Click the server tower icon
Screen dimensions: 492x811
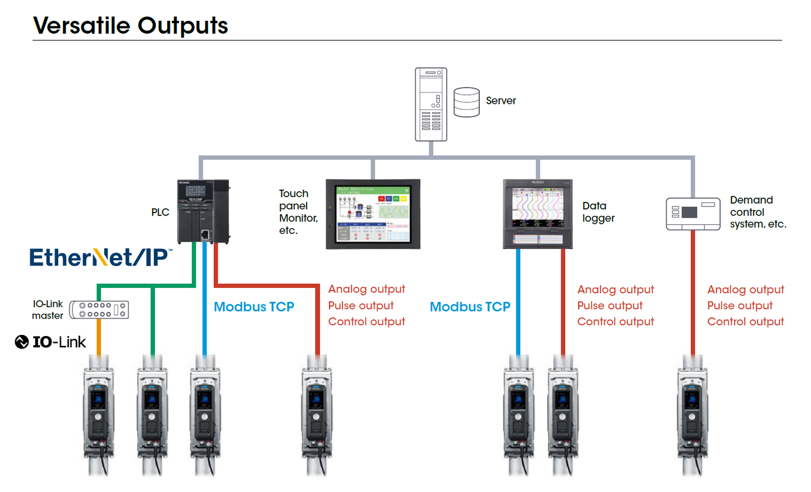coord(430,104)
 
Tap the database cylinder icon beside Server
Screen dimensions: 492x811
coord(466,102)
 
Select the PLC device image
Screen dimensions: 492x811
coord(203,211)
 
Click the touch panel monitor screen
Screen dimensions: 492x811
coord(373,214)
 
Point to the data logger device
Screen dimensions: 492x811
coord(538,214)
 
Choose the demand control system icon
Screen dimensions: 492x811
coord(693,213)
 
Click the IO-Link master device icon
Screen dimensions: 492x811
coord(99,310)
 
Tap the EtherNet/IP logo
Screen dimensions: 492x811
coord(100,258)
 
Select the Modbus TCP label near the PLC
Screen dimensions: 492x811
coord(254,307)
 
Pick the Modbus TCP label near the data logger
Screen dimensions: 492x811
coord(470,307)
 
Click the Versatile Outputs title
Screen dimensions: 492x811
coord(130,26)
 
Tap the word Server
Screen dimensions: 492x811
coord(501,101)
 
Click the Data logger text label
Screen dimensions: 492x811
coord(598,212)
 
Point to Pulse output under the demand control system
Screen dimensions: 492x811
coord(740,306)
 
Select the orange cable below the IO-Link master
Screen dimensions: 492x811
coord(99,337)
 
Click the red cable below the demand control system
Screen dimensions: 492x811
coord(693,292)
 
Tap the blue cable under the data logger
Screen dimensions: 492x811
coord(517,303)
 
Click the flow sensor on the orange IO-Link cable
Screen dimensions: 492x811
coord(99,415)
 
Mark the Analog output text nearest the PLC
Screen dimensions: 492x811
coord(366,289)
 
